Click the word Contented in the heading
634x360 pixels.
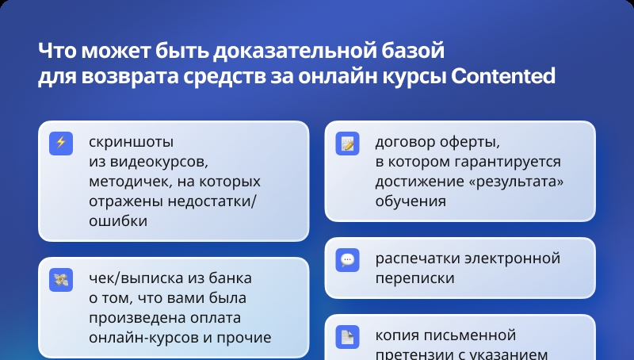pyautogui.click(x=502, y=75)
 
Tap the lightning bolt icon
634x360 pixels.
pyautogui.click(x=61, y=144)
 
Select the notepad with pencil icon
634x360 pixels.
pyautogui.click(x=347, y=144)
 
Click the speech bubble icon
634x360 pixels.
pyautogui.click(x=347, y=259)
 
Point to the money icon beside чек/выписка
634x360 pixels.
pyautogui.click(x=61, y=279)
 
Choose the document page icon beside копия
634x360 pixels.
pyautogui.click(x=347, y=336)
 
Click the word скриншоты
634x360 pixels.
pyautogui.click(x=131, y=142)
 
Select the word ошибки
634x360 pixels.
pyautogui.click(x=118, y=221)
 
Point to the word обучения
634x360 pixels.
pyautogui.click(x=411, y=201)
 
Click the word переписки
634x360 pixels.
pyautogui.click(x=414, y=278)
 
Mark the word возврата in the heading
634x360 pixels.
pyautogui.click(x=130, y=76)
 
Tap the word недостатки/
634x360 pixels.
pyautogui.click(x=212, y=201)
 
